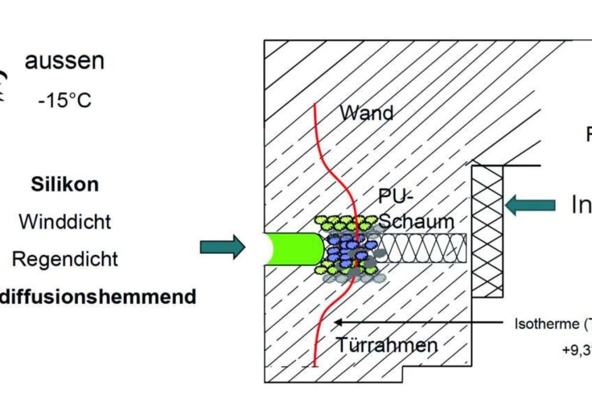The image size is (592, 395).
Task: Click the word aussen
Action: coord(64,61)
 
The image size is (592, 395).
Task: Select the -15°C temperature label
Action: coord(64,100)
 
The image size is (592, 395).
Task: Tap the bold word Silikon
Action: coord(65,184)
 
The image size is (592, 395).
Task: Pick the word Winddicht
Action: coord(65,222)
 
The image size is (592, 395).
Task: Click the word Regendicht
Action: coord(65,259)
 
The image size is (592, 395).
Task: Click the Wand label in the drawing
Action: coord(367,112)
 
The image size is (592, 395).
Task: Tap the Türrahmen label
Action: coord(387,345)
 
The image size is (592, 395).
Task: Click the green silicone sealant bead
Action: coord(293,248)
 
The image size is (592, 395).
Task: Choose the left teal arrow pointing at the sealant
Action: coord(222,247)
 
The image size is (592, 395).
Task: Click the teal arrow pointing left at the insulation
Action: coord(530,205)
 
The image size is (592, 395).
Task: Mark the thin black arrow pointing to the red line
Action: coord(414,322)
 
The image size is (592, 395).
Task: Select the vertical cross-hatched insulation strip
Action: coord(487,231)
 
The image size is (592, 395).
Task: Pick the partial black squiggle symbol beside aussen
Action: coord(5,86)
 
